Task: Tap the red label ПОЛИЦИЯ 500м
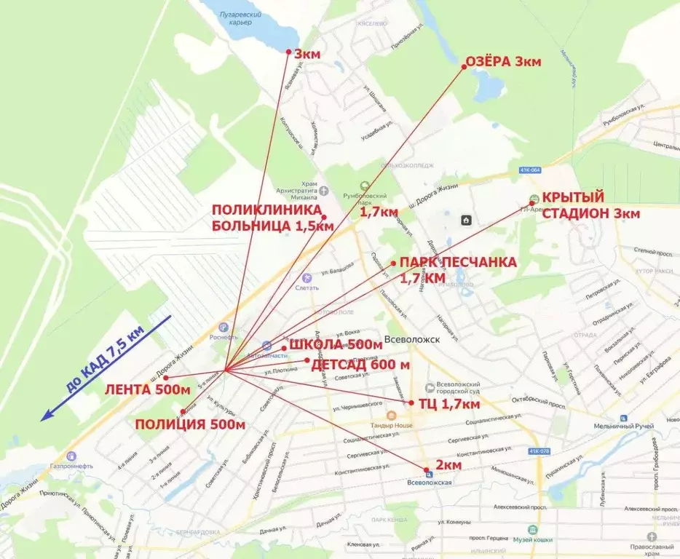189,424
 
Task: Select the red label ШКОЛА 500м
336,344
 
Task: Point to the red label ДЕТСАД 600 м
360,364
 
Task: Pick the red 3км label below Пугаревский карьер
307,54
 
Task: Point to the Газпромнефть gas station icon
71,456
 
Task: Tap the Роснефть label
223,337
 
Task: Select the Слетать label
307,288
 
